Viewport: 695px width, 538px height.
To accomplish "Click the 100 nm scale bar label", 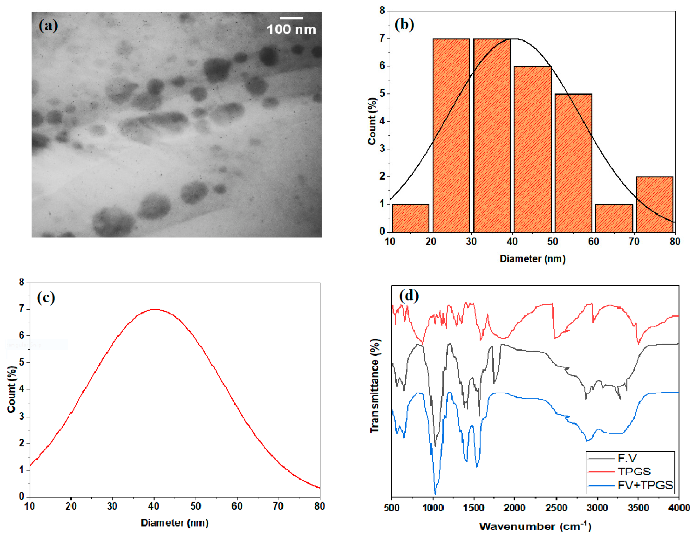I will (291, 29).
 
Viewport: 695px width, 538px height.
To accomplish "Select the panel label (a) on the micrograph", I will (48, 25).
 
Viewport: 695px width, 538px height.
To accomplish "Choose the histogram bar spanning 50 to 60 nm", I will (573, 163).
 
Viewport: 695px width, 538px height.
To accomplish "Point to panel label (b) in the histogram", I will (404, 24).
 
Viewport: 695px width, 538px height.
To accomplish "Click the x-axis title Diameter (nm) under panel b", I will (532, 259).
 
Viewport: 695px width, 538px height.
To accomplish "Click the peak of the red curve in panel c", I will (154, 310).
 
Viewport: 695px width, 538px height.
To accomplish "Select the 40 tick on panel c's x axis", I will (154, 506).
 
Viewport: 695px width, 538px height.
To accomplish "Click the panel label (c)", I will (46, 298).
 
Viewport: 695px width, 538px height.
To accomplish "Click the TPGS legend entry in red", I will (634, 471).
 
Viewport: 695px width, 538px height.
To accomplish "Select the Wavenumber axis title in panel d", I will (535, 526).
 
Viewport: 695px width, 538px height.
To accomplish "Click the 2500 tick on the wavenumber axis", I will (556, 507).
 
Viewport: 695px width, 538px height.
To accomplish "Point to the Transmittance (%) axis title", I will (375, 386).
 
